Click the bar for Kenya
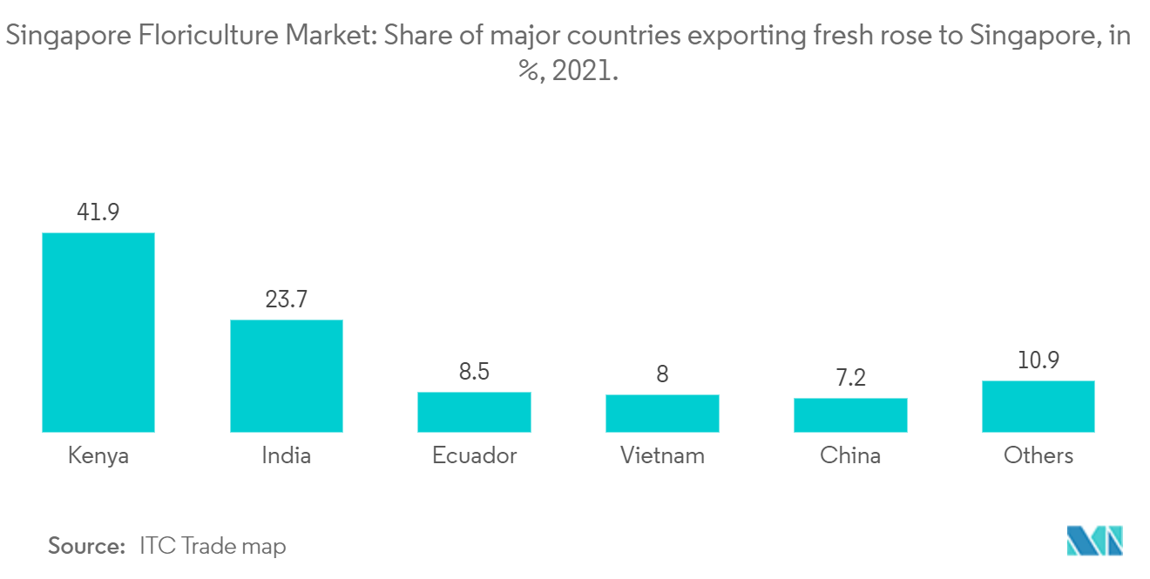(98, 332)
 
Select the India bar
(286, 375)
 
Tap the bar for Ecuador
(474, 412)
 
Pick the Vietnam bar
(662, 413)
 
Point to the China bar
(850, 414)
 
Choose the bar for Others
(1038, 406)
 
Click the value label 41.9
(98, 212)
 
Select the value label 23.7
(286, 300)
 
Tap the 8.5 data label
(474, 372)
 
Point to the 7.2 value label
(850, 378)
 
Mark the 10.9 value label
(1038, 360)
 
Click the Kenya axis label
(98, 455)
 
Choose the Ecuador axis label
(474, 455)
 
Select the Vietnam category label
(662, 455)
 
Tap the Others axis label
(1038, 455)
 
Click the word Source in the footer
(86, 546)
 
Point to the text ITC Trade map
(213, 546)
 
